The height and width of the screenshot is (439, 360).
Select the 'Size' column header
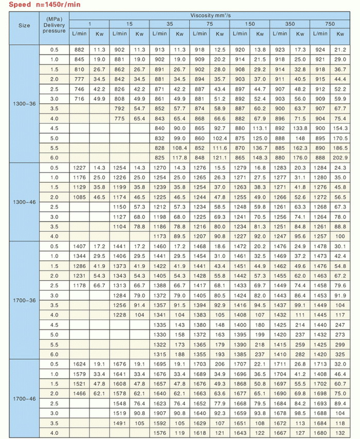point(24,26)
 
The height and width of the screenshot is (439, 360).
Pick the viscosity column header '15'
point(129,24)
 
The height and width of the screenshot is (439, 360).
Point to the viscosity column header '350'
point(290,24)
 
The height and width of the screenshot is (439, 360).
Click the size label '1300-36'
point(24,104)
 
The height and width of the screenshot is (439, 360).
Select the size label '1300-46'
point(24,202)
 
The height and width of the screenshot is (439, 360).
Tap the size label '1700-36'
point(24,300)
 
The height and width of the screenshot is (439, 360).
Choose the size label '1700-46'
point(24,398)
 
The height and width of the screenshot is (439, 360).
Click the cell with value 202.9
point(340,158)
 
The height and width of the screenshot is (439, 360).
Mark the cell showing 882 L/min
point(79,50)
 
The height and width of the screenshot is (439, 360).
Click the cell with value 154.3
point(340,128)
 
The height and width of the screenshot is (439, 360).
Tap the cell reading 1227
point(79,168)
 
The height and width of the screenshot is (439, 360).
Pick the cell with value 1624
point(79,363)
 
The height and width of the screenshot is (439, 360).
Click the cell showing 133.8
point(300,128)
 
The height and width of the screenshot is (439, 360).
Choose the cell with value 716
point(79,99)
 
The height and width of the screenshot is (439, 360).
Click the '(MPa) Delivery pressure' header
point(54,26)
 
